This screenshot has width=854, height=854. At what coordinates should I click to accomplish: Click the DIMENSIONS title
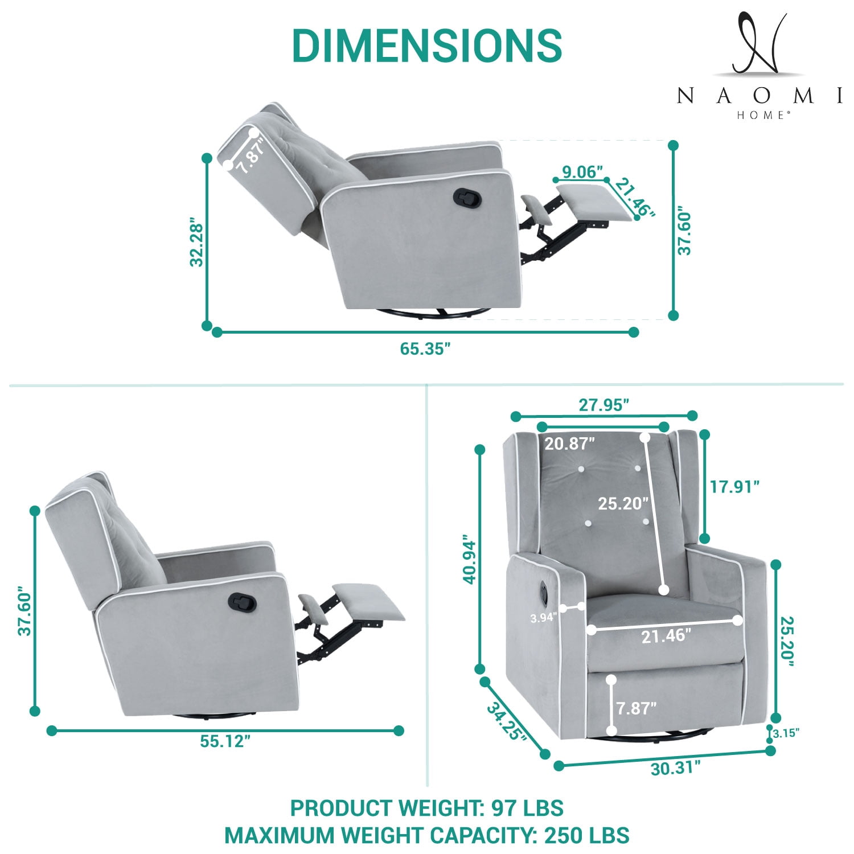(427, 44)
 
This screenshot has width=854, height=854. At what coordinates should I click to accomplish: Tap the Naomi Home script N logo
(759, 44)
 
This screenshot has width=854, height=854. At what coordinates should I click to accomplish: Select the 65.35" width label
(425, 349)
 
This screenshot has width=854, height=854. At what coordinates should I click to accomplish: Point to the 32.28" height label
(197, 241)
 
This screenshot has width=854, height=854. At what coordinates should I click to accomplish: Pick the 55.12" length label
(225, 741)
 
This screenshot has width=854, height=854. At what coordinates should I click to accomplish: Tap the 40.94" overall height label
(469, 559)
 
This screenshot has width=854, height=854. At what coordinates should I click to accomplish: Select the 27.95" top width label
(604, 405)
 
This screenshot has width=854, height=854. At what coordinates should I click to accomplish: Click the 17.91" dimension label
(735, 487)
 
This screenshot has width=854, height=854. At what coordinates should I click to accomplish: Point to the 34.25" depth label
(506, 721)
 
